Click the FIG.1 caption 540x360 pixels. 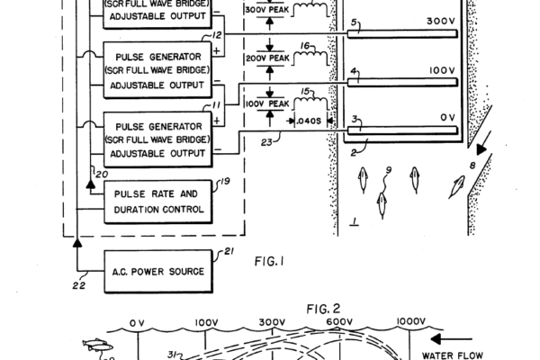(269, 263)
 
